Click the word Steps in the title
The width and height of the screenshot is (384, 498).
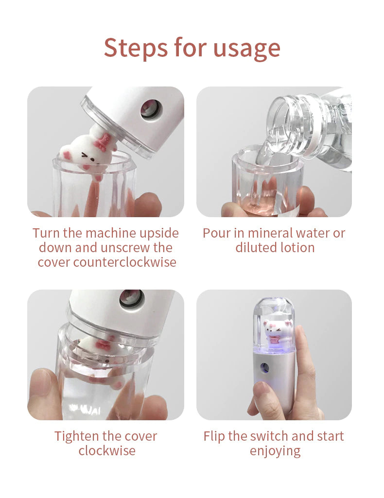click(x=137, y=48)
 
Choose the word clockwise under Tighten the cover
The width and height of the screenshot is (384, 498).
click(x=107, y=451)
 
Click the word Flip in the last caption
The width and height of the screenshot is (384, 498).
click(x=214, y=437)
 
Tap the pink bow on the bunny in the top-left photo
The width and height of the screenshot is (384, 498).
click(x=103, y=142)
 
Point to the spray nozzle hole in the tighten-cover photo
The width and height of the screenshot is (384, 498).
click(x=132, y=299)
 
